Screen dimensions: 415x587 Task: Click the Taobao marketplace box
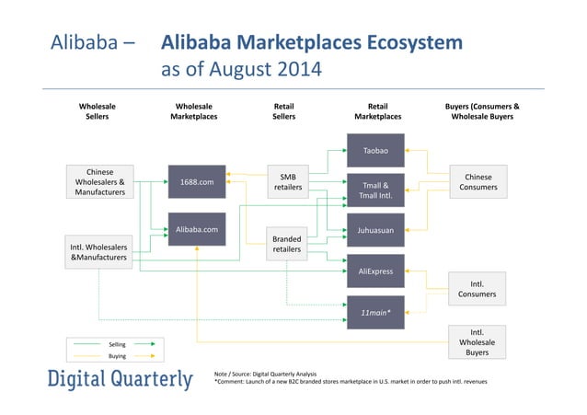[x=374, y=149]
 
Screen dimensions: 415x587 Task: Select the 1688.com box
[x=196, y=182]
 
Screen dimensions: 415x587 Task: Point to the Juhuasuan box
[x=374, y=231]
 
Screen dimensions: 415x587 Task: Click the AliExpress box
[x=374, y=271]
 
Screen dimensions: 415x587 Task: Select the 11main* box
[x=374, y=312]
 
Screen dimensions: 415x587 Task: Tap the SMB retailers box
[x=287, y=182]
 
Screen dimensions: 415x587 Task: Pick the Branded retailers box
[x=287, y=244]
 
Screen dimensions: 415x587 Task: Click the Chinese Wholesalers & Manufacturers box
[x=99, y=182]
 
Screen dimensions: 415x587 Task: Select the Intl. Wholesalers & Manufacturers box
[x=99, y=254]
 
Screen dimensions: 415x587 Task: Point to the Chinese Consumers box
[x=478, y=182]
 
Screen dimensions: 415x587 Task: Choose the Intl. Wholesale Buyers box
[x=478, y=341]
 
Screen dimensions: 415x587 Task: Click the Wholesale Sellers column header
[x=97, y=111]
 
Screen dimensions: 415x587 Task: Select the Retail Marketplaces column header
[x=377, y=111]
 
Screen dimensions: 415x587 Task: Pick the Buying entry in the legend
[x=117, y=354]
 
